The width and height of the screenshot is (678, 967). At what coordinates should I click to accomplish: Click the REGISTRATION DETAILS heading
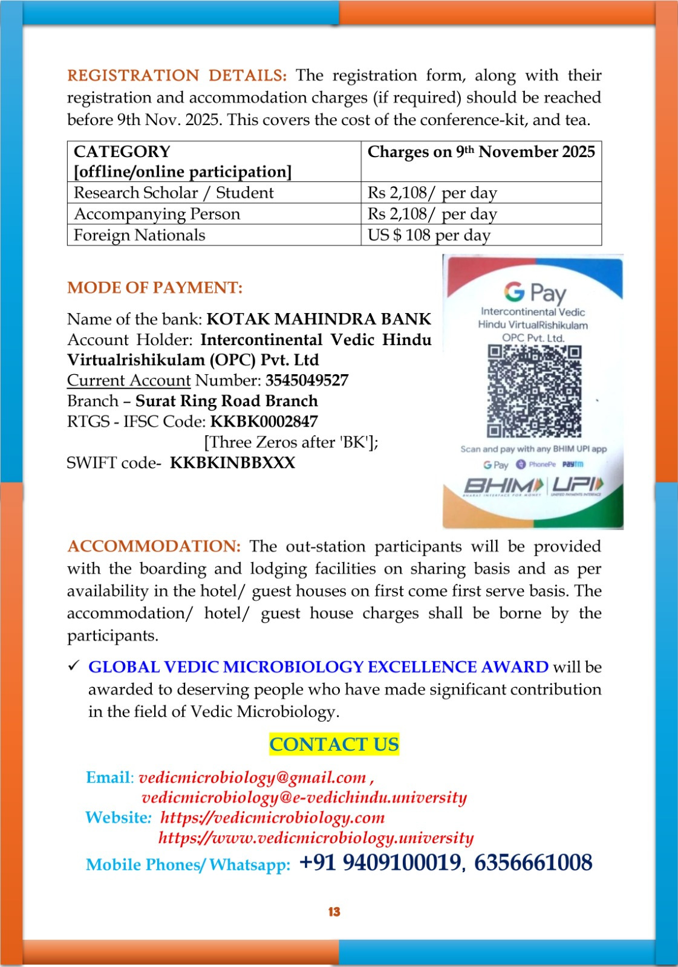coord(177,76)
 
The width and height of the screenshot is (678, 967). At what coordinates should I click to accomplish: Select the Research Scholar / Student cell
coord(174,193)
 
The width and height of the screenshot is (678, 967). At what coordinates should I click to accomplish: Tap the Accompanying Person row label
coord(157,214)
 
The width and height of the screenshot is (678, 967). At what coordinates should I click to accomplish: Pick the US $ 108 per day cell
coord(429,235)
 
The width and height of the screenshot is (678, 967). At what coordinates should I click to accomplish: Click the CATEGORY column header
coord(122,152)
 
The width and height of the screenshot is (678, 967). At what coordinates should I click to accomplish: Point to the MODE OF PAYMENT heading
coord(155,288)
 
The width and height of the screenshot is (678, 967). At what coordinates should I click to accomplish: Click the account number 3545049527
coord(307,380)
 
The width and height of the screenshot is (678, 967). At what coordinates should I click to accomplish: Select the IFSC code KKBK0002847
coord(264,421)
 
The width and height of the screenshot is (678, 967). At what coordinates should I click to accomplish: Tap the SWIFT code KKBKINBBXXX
coord(232,463)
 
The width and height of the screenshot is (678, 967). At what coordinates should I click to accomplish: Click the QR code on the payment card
coord(534,391)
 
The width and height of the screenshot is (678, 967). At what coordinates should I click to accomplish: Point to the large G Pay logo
coord(535,293)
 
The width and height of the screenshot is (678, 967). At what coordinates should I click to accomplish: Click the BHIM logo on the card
coord(504,485)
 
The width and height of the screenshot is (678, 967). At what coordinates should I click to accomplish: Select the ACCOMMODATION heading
coord(154,546)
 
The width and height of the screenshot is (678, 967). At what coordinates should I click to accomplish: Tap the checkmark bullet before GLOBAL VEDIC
coord(74,666)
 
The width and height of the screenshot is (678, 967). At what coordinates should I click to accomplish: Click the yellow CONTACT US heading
coord(334,744)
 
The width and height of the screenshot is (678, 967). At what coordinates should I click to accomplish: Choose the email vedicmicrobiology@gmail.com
coord(252,777)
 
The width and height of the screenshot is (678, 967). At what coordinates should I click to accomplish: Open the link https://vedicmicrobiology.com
coord(272,818)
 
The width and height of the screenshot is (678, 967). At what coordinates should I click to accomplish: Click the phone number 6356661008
coord(533,862)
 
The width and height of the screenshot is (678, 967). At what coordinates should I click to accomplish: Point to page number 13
coord(334,912)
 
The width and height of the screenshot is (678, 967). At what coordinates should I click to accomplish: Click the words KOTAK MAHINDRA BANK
coord(319,319)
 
